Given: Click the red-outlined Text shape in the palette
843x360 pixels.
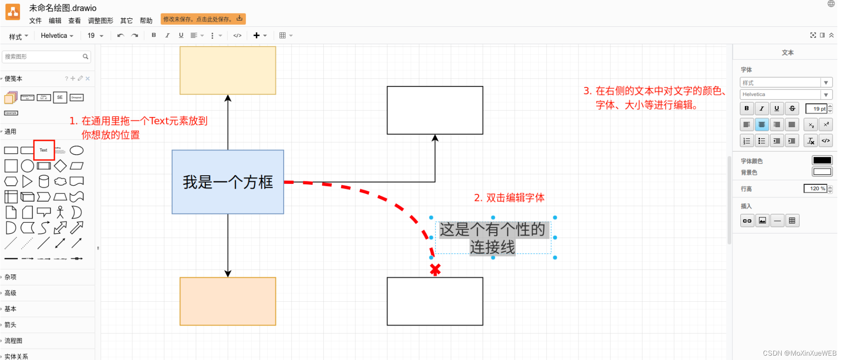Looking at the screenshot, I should coord(43,150).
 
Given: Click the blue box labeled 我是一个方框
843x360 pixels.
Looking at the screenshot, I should coord(227,182).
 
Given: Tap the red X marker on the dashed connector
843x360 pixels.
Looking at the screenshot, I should coord(435,270).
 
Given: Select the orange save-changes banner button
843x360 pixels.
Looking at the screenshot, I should coord(203,19).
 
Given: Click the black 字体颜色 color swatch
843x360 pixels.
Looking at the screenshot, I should coord(822,160).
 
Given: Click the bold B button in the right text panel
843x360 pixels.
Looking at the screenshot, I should coord(746,109).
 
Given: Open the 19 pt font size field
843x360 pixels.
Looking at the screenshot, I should coord(816,109).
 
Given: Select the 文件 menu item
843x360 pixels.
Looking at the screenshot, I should coord(35,20).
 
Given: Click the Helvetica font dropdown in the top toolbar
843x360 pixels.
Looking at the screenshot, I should coord(57,36).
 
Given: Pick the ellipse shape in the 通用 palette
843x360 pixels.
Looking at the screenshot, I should coord(77,150).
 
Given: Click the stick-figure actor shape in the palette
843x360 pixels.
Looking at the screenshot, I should coord(60,212).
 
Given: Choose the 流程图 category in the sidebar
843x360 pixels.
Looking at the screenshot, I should coord(13,341).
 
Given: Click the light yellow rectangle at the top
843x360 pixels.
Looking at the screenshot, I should coord(227,70).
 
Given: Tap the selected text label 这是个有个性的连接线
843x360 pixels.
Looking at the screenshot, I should coord(492,238).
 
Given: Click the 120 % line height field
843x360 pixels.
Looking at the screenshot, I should coord(815,189).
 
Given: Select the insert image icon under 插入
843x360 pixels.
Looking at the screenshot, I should coord(762,221).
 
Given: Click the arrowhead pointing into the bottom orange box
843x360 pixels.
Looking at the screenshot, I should coord(227,273).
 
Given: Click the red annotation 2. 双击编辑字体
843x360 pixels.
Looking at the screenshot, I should coord(509,198).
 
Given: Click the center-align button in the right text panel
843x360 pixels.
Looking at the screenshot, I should coord(761,125).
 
